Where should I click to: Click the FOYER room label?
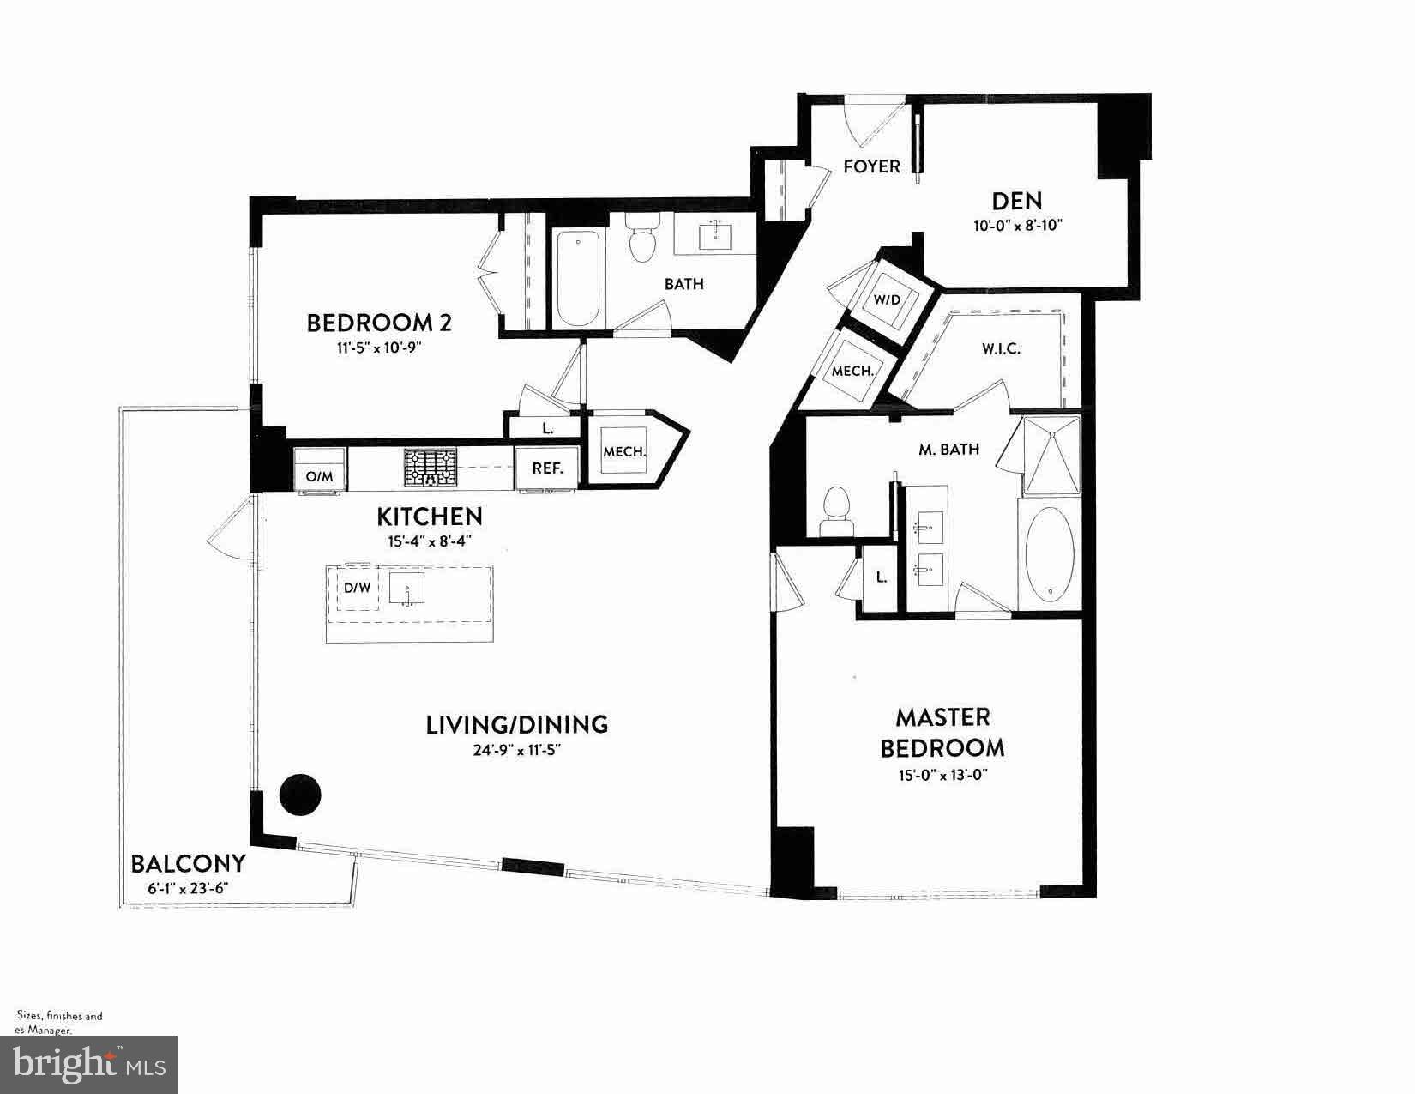(871, 166)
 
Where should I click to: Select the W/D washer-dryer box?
(887, 299)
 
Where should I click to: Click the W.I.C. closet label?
(1001, 349)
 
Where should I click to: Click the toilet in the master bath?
(834, 512)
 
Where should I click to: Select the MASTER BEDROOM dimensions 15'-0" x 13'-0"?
(942, 775)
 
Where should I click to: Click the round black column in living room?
(300, 795)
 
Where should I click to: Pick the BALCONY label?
(188, 863)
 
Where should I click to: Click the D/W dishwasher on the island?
(357, 589)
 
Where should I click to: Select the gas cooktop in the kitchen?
(431, 468)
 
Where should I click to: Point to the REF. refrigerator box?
(547, 468)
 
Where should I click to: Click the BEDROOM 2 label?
(379, 323)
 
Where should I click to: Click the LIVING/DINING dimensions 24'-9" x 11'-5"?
(516, 749)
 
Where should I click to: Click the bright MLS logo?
(89, 1065)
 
